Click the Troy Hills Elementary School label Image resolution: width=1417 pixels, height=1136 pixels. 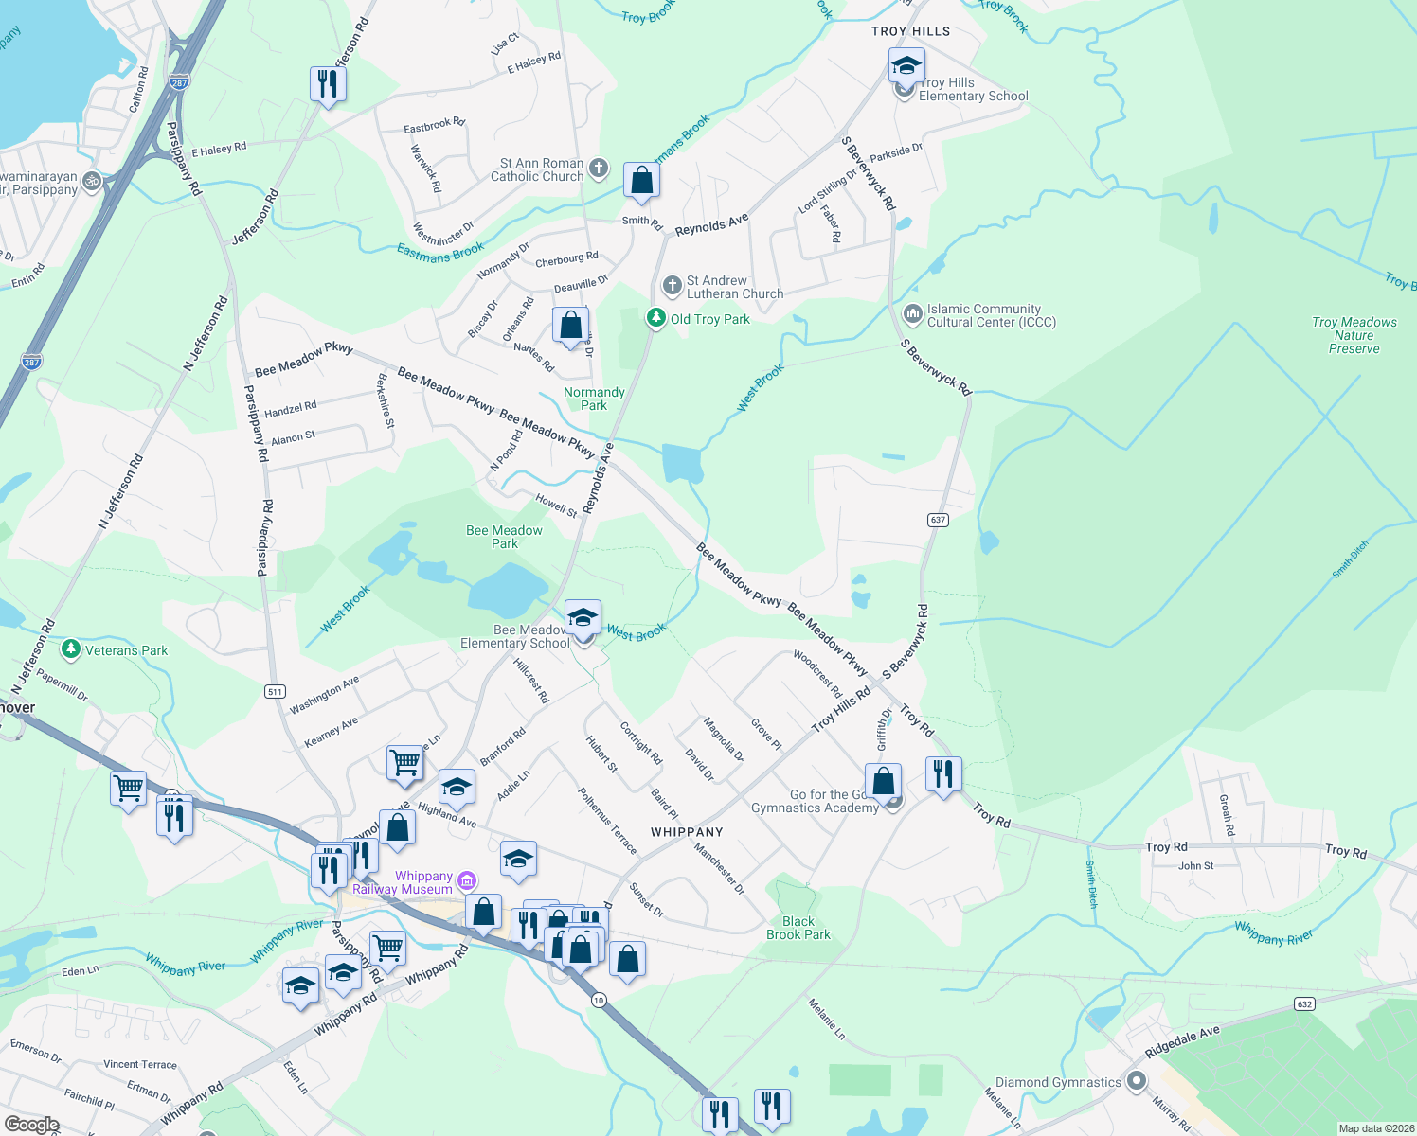pyautogui.click(x=973, y=90)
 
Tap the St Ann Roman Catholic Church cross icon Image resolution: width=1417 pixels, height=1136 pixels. pyautogui.click(x=598, y=169)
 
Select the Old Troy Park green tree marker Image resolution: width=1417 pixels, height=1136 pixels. pyautogui.click(x=655, y=318)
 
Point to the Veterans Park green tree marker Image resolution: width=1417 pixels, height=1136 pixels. pyautogui.click(x=70, y=649)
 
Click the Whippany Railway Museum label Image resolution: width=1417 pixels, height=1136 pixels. pyautogui.click(x=404, y=882)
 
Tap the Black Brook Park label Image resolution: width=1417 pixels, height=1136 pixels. pyautogui.click(x=798, y=928)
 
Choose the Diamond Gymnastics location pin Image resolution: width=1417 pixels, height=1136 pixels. pyautogui.click(x=1137, y=1082)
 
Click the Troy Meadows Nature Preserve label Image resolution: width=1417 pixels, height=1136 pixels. pyautogui.click(x=1354, y=335)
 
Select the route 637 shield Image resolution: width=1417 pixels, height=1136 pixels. pyautogui.click(x=938, y=520)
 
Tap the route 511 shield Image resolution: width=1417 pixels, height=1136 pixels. pyautogui.click(x=275, y=691)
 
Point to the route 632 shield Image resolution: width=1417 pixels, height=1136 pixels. pyautogui.click(x=1304, y=1004)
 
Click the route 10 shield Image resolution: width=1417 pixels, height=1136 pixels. pyautogui.click(x=599, y=1000)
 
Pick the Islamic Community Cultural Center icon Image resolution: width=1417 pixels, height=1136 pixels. pyautogui.click(x=912, y=313)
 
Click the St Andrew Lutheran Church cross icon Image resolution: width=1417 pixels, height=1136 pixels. pyautogui.click(x=672, y=285)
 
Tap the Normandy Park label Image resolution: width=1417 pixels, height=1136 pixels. pyautogui.click(x=594, y=399)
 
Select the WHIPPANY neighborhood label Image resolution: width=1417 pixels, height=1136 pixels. pyautogui.click(x=687, y=832)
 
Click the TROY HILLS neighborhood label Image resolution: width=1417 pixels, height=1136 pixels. pyautogui.click(x=910, y=31)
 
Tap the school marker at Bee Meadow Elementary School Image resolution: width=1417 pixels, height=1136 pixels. pyautogui.click(x=582, y=619)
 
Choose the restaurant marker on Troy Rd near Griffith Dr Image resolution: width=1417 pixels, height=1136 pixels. pyautogui.click(x=942, y=774)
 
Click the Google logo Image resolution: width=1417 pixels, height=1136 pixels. pyautogui.click(x=31, y=1124)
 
